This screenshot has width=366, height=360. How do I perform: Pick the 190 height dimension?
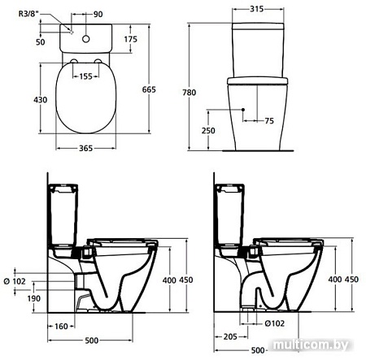32,297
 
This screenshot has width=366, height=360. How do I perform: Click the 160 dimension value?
60,327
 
